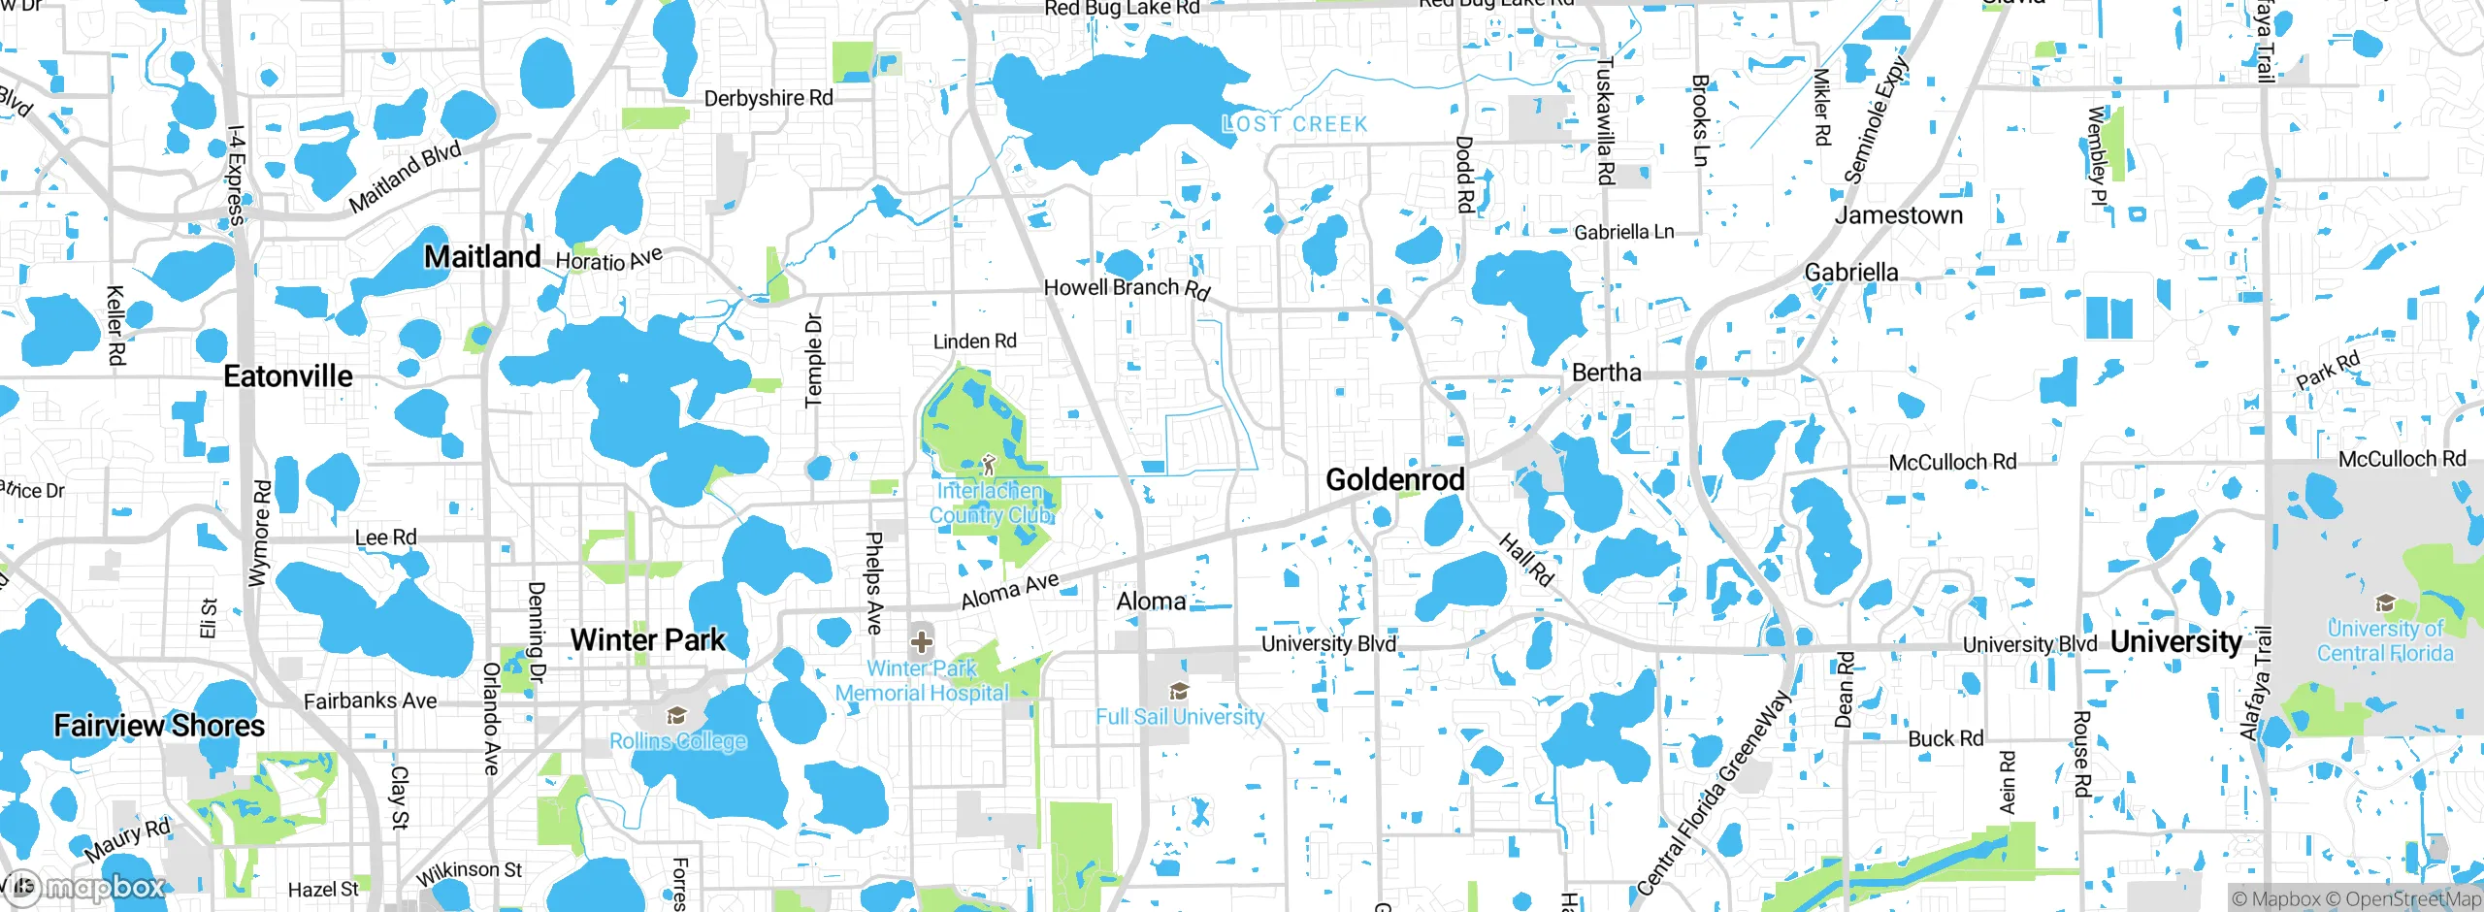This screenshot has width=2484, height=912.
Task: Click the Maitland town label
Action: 482,257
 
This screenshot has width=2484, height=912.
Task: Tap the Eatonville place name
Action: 288,376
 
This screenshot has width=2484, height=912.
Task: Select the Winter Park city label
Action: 647,640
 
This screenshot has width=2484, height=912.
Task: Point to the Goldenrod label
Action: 1394,479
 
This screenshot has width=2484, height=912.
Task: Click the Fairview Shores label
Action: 159,726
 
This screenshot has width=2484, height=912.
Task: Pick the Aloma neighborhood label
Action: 1151,602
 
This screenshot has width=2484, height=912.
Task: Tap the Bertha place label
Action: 1606,373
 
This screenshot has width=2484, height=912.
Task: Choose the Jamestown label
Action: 1898,215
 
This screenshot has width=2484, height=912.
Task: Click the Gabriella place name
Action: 1850,273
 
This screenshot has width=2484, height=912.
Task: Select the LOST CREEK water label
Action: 1294,124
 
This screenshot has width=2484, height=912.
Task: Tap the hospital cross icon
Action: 922,641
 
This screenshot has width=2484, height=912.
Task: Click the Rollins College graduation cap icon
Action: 676,716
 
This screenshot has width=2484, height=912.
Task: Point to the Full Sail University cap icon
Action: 1179,691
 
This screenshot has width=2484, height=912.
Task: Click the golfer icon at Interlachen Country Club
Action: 989,465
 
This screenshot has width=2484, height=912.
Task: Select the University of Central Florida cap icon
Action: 2385,603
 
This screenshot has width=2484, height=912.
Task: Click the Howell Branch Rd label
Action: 1127,288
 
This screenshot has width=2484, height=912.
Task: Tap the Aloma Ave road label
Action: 1009,590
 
